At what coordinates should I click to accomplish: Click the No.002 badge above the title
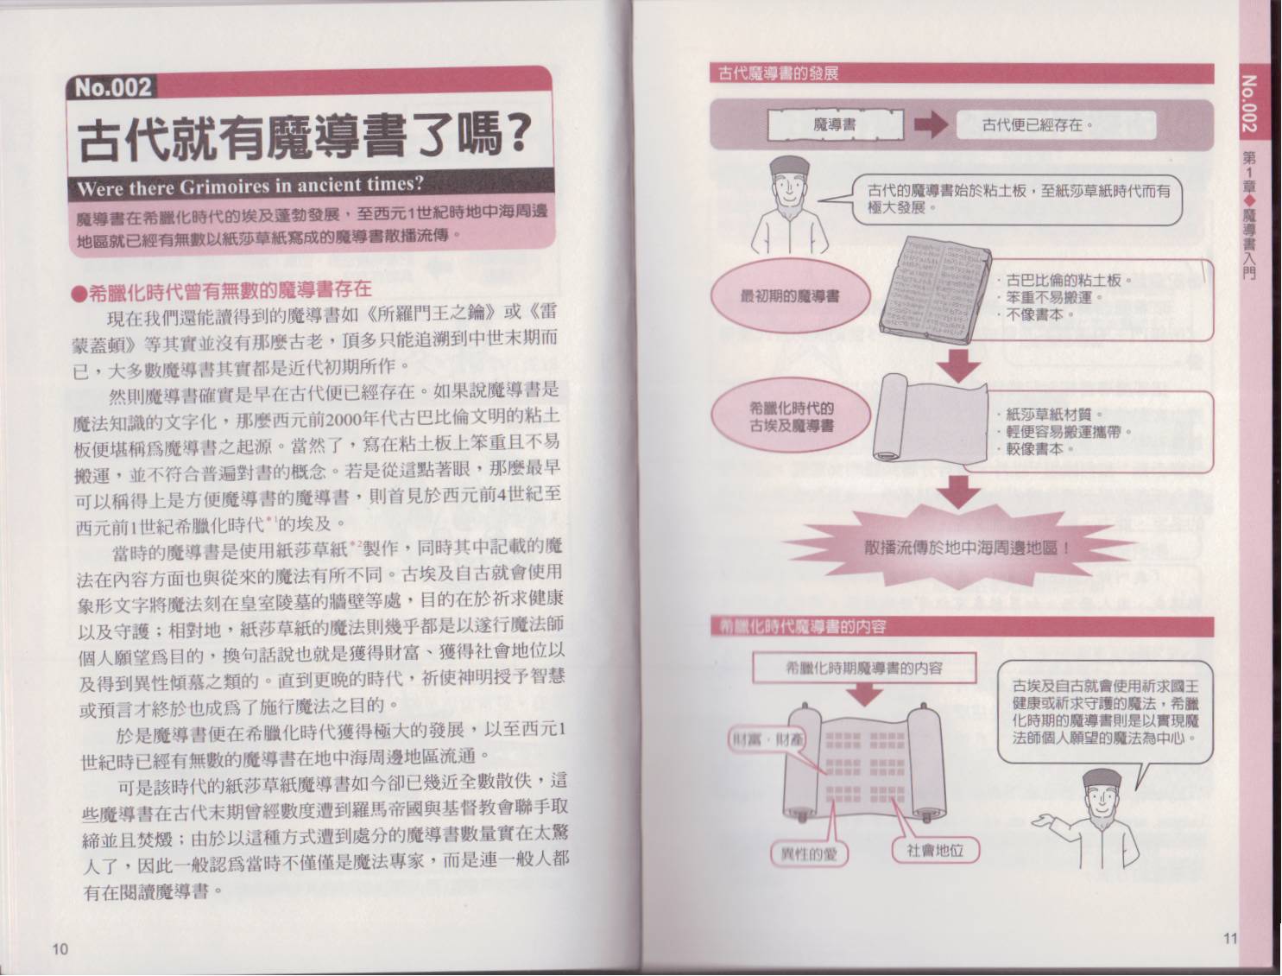(113, 87)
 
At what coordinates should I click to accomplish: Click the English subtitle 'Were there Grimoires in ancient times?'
(250, 187)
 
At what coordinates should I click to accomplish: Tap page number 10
(60, 947)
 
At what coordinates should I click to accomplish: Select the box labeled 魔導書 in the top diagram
(835, 124)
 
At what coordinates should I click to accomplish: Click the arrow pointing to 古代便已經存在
(931, 124)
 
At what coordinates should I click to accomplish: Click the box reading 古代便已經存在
(1056, 125)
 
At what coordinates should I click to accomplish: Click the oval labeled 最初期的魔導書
(790, 297)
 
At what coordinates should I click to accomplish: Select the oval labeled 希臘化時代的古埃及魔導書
(791, 417)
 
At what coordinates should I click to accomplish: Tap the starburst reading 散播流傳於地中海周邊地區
(967, 548)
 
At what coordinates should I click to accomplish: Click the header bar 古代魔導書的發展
(962, 73)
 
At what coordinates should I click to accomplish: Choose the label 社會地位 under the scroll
(935, 851)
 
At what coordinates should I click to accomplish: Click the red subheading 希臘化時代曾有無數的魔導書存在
(222, 289)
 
